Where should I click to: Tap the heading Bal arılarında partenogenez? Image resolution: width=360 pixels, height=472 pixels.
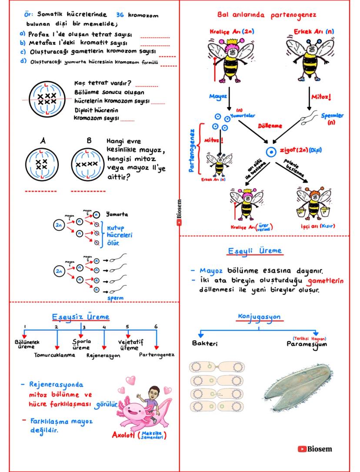[267, 15]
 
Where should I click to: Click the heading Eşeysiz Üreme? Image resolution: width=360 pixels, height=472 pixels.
[81, 316]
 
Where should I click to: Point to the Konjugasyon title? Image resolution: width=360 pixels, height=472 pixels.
[259, 317]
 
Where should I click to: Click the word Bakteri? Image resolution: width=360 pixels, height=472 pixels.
[205, 343]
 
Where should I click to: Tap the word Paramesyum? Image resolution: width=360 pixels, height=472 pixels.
[307, 344]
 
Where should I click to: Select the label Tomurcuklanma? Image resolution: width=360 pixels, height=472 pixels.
[54, 355]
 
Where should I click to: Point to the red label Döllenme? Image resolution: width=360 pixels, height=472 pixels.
[270, 126]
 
